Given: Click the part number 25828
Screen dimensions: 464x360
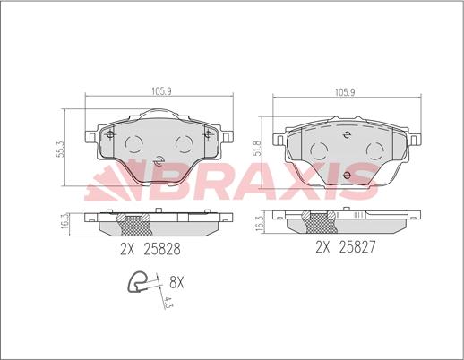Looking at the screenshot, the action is click(162, 249).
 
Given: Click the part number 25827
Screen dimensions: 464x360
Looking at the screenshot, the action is click(357, 247).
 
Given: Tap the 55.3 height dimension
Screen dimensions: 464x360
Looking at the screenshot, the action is click(60, 150).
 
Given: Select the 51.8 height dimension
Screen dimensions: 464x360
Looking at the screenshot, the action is click(257, 148).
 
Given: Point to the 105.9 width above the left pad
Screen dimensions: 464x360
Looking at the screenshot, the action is click(161, 91).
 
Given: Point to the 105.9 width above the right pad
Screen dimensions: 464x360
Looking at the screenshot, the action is click(345, 92).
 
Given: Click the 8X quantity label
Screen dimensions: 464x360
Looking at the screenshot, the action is click(176, 282).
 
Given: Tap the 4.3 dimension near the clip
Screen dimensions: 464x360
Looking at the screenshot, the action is click(169, 303).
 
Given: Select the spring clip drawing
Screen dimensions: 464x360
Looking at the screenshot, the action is click(137, 282).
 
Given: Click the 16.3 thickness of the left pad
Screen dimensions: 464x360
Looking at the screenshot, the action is click(64, 222).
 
